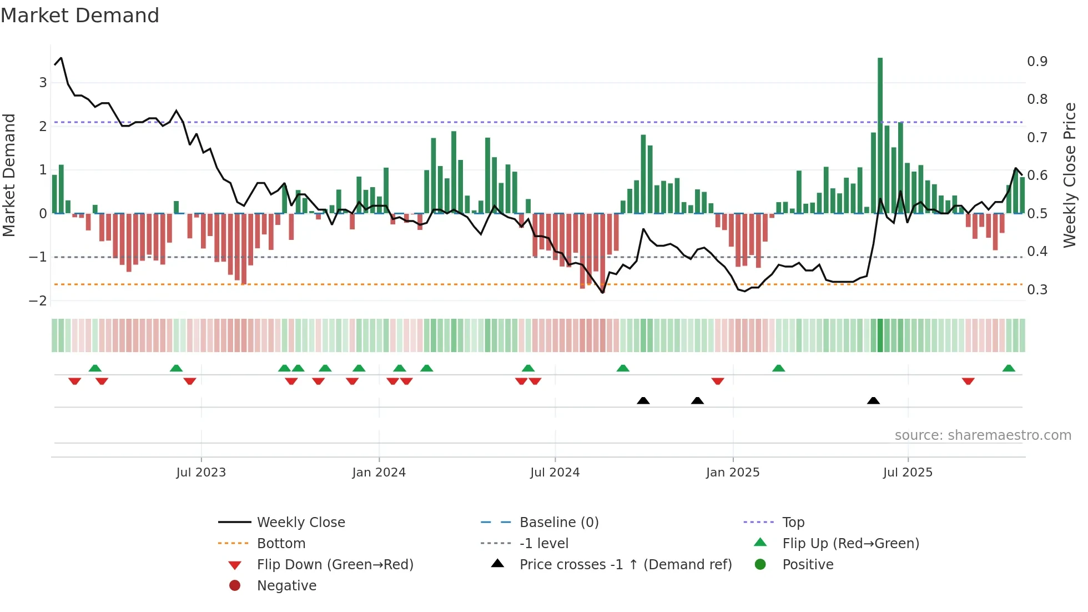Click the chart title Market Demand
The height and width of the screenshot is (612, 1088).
80,16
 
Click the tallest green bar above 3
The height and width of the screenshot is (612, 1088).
880,133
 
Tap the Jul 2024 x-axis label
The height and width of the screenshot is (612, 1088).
555,473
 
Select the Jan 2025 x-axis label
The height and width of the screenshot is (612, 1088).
733,473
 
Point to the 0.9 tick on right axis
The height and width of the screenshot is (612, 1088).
1037,62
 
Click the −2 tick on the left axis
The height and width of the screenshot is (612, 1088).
38,301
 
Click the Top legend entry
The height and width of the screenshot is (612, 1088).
793,523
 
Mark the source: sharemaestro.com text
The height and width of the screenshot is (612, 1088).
983,435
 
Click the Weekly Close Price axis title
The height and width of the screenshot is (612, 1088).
1070,175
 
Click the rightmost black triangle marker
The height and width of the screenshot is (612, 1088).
873,401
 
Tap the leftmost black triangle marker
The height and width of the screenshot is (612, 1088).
643,401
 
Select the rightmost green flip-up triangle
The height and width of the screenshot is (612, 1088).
1009,368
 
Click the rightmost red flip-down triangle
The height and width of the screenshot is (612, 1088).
968,381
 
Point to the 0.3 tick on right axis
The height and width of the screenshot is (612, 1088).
1037,290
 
